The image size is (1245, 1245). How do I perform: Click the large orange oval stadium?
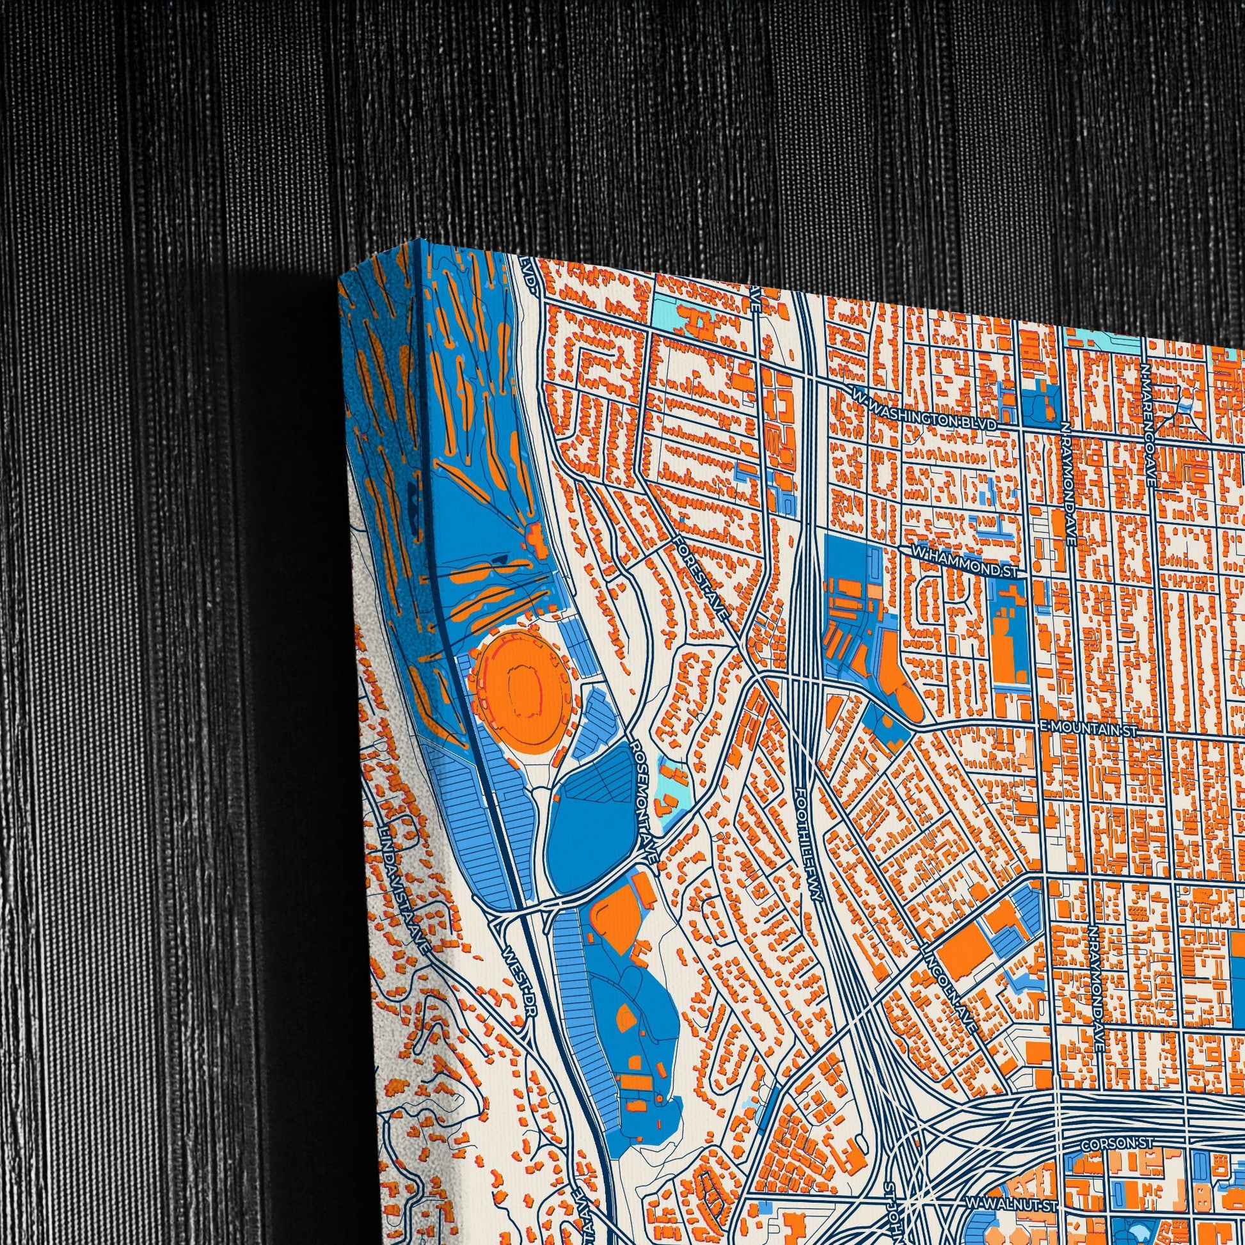coord(521,691)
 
